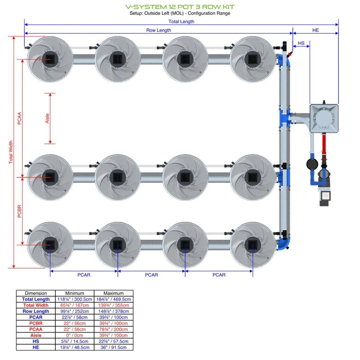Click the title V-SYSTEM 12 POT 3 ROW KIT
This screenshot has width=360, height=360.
tap(180, 7)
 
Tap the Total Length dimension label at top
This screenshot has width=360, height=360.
tap(181, 21)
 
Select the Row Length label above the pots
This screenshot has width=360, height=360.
tap(158, 30)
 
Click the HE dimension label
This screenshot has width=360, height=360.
tap(315, 30)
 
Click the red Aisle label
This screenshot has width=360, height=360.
tap(48, 118)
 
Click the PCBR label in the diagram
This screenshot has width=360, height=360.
tap(19, 211)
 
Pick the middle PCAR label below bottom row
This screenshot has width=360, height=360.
tap(152, 274)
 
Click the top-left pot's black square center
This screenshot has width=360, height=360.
tap(49, 59)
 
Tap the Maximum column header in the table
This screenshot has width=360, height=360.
tap(113, 293)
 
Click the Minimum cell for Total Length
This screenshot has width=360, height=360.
tap(75, 299)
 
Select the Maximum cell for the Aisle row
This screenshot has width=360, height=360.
tap(113, 335)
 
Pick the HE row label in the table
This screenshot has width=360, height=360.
tap(36, 347)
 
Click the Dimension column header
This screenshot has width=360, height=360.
tap(36, 293)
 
